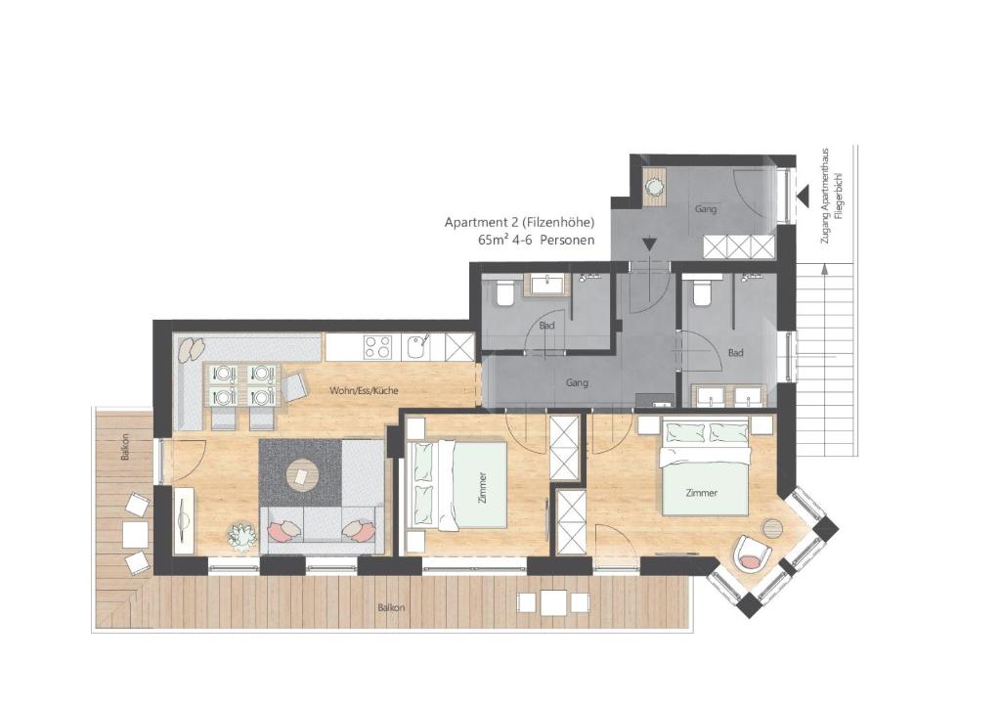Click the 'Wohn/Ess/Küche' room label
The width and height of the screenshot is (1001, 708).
(364, 390)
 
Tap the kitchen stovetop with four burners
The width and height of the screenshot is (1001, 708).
(377, 347)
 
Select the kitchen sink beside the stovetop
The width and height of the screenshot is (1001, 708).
(418, 347)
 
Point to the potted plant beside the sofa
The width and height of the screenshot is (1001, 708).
(241, 535)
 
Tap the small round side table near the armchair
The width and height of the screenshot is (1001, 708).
(772, 529)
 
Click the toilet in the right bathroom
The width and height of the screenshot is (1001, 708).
(701, 293)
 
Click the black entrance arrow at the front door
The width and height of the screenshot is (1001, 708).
(802, 193)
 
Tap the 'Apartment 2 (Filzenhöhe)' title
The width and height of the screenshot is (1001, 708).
(520, 223)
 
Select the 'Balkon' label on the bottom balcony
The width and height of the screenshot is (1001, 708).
(391, 608)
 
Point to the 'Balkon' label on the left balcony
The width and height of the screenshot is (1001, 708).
(125, 448)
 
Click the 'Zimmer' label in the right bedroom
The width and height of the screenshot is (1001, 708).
(702, 493)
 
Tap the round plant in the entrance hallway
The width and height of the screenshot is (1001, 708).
(654, 187)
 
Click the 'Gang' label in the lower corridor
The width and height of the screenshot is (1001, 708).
(577, 383)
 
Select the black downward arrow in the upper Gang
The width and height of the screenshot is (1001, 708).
(649, 243)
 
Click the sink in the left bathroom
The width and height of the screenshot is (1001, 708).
(545, 285)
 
